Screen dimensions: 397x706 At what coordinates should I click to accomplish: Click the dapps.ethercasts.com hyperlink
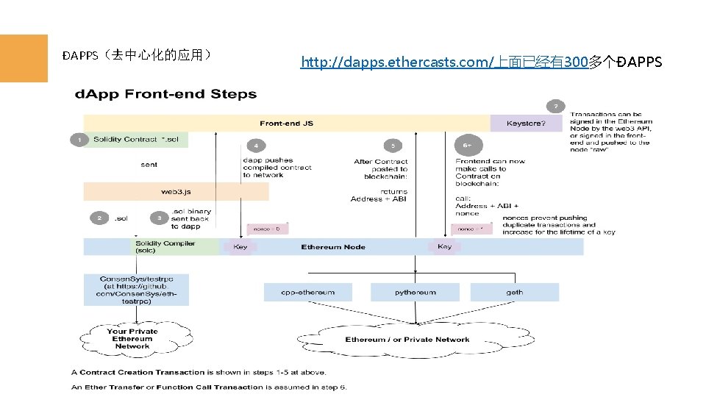point(443,62)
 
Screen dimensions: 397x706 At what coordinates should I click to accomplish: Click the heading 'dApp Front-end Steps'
point(164,94)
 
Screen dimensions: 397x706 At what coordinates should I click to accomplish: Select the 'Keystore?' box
point(526,124)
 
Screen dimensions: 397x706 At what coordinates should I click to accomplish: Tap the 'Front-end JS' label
point(286,124)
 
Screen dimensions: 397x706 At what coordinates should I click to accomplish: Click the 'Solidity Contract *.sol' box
point(136,140)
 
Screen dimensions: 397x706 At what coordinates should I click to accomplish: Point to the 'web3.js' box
point(176,192)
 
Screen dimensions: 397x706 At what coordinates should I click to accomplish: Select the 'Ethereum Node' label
point(332,247)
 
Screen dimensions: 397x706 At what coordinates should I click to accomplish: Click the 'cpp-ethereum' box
point(307,293)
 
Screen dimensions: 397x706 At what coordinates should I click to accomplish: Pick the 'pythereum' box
point(415,293)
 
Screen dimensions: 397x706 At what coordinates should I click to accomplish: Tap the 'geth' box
point(514,293)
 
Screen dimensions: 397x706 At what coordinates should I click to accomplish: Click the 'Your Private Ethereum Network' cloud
point(132,339)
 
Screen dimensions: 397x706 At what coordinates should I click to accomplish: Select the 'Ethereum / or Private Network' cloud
point(407,340)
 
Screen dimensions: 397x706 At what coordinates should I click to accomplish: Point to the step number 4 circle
point(255,145)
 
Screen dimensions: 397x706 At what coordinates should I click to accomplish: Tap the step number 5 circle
point(393,145)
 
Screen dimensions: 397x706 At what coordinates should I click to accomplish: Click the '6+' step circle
point(467,145)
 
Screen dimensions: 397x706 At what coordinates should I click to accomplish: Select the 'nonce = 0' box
point(267,229)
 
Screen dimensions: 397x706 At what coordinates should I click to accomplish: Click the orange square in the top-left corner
point(24,58)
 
